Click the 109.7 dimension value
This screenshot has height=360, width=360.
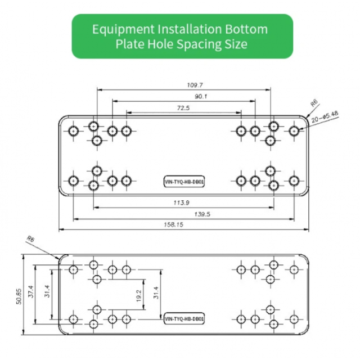point(195,85)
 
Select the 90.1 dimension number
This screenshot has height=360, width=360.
point(201,97)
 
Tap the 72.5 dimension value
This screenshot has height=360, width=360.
point(183,108)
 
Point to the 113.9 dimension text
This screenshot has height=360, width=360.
point(181,202)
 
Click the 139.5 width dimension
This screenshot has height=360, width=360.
point(202,214)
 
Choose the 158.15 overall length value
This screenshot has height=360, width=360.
point(174,224)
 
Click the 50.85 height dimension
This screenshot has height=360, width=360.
point(19,296)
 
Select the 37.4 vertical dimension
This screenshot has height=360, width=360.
point(31,291)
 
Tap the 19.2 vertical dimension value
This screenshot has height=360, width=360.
point(139,295)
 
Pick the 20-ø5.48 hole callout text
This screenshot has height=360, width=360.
point(325,117)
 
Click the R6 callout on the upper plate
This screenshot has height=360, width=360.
point(314,103)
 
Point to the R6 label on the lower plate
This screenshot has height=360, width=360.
point(30,239)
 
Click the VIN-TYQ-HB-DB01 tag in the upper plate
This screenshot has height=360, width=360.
point(184,182)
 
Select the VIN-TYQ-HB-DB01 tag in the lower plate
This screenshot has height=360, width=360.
point(184,319)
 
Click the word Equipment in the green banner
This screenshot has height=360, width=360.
point(124,30)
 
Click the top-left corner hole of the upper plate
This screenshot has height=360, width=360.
point(74,131)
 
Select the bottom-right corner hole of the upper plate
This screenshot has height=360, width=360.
point(294,181)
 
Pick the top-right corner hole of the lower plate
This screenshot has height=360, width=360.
point(294,270)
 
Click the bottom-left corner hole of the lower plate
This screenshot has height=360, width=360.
point(74,319)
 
